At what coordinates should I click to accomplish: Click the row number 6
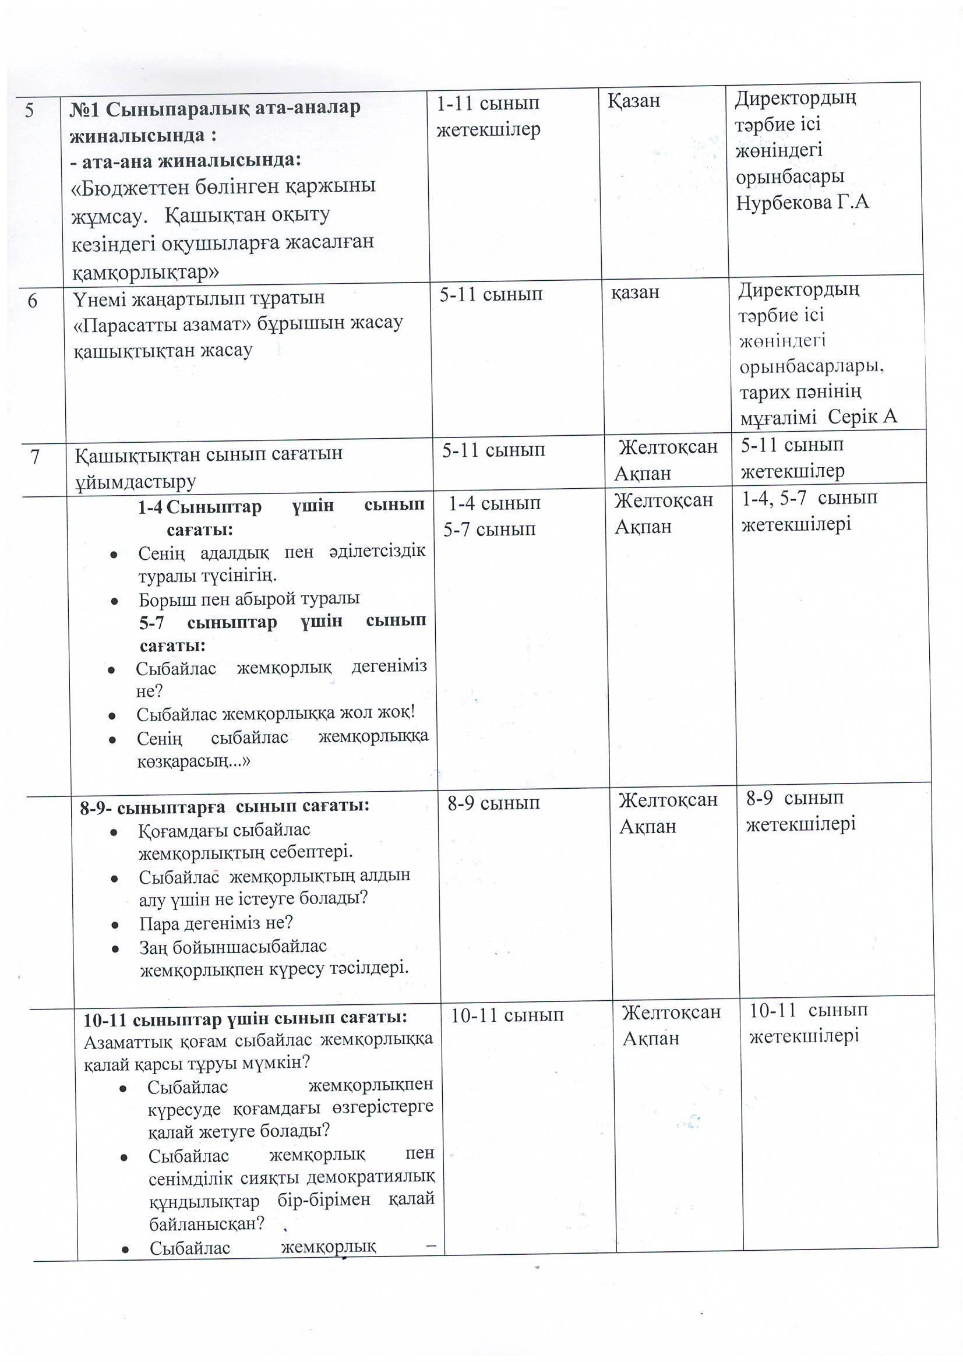pyautogui.click(x=32, y=301)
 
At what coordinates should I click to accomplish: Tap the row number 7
pyautogui.click(x=35, y=457)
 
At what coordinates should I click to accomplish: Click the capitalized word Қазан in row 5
pyautogui.click(x=634, y=101)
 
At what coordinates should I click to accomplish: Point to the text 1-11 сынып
pyautogui.click(x=488, y=103)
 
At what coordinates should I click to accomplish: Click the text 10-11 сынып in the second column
pyautogui.click(x=507, y=1015)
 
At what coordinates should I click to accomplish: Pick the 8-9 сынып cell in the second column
pyautogui.click(x=493, y=803)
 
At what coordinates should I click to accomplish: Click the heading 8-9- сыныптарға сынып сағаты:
pyautogui.click(x=225, y=806)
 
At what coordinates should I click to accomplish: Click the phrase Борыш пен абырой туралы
pyautogui.click(x=249, y=598)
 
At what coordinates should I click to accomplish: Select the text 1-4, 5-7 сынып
pyautogui.click(x=809, y=497)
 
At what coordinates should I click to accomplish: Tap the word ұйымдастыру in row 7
pyautogui.click(x=135, y=481)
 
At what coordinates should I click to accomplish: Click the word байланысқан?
pyautogui.click(x=206, y=1223)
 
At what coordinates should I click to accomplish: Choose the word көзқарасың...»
pyautogui.click(x=193, y=761)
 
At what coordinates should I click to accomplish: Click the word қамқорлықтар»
pyautogui.click(x=146, y=271)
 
